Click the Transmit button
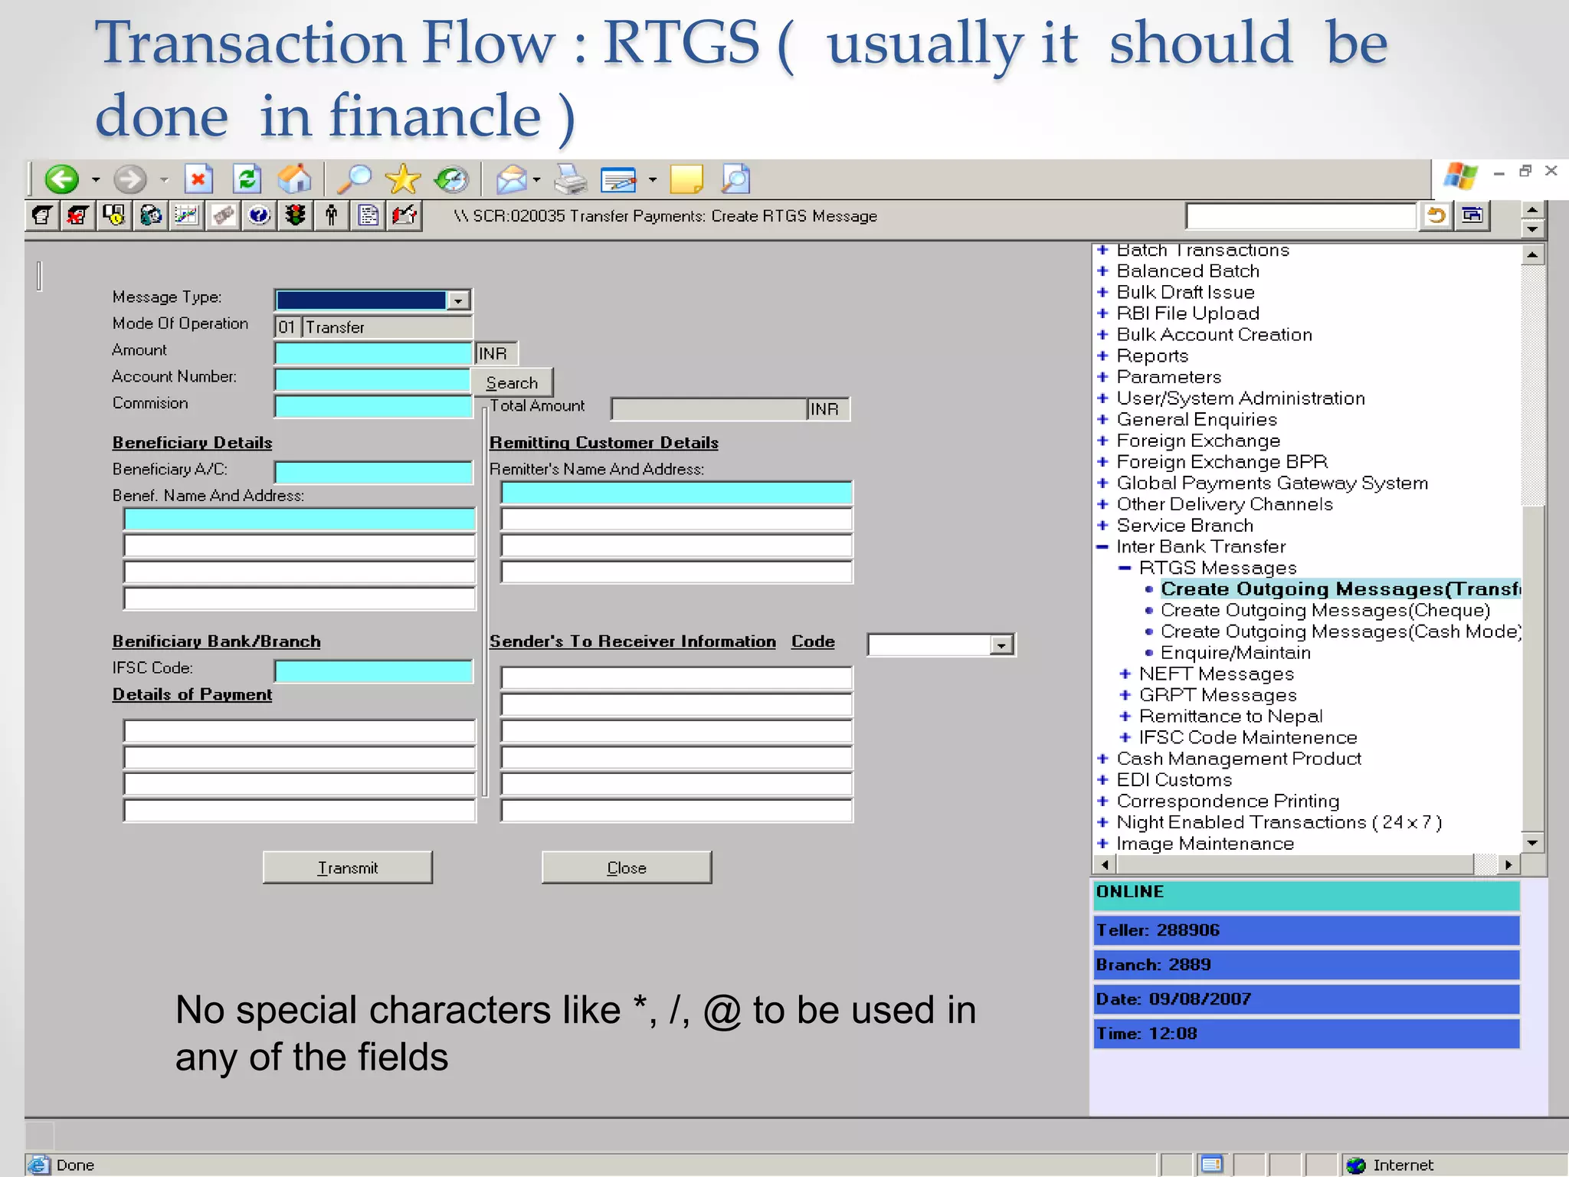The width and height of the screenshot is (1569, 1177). [x=347, y=867]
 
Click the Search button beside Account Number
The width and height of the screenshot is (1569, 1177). [x=512, y=382]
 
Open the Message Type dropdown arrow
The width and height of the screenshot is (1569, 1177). [x=458, y=300]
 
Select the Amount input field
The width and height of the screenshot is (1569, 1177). [x=373, y=353]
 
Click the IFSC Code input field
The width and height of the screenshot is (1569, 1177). [x=373, y=671]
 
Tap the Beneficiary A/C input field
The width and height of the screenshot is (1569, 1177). [x=373, y=472]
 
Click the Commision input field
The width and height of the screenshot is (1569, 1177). [x=373, y=406]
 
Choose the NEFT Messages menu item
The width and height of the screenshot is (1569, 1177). [x=1216, y=674]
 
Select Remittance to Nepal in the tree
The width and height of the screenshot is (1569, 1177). [x=1230, y=716]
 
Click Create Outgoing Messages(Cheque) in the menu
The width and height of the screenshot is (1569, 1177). [x=1325, y=611]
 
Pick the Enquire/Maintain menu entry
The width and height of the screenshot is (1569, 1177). [x=1235, y=653]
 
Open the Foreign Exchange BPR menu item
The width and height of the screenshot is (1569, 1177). [x=1221, y=462]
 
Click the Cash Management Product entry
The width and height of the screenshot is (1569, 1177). [x=1238, y=759]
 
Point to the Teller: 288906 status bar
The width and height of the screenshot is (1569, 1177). [x=1305, y=930]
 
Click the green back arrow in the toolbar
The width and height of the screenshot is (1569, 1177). [x=61, y=179]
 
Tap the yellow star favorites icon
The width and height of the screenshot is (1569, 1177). [x=402, y=179]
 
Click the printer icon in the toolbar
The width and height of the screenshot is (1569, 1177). [x=570, y=180]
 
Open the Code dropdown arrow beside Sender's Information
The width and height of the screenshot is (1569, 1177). [x=1001, y=645]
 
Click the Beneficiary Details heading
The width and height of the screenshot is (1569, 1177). [x=192, y=443]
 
